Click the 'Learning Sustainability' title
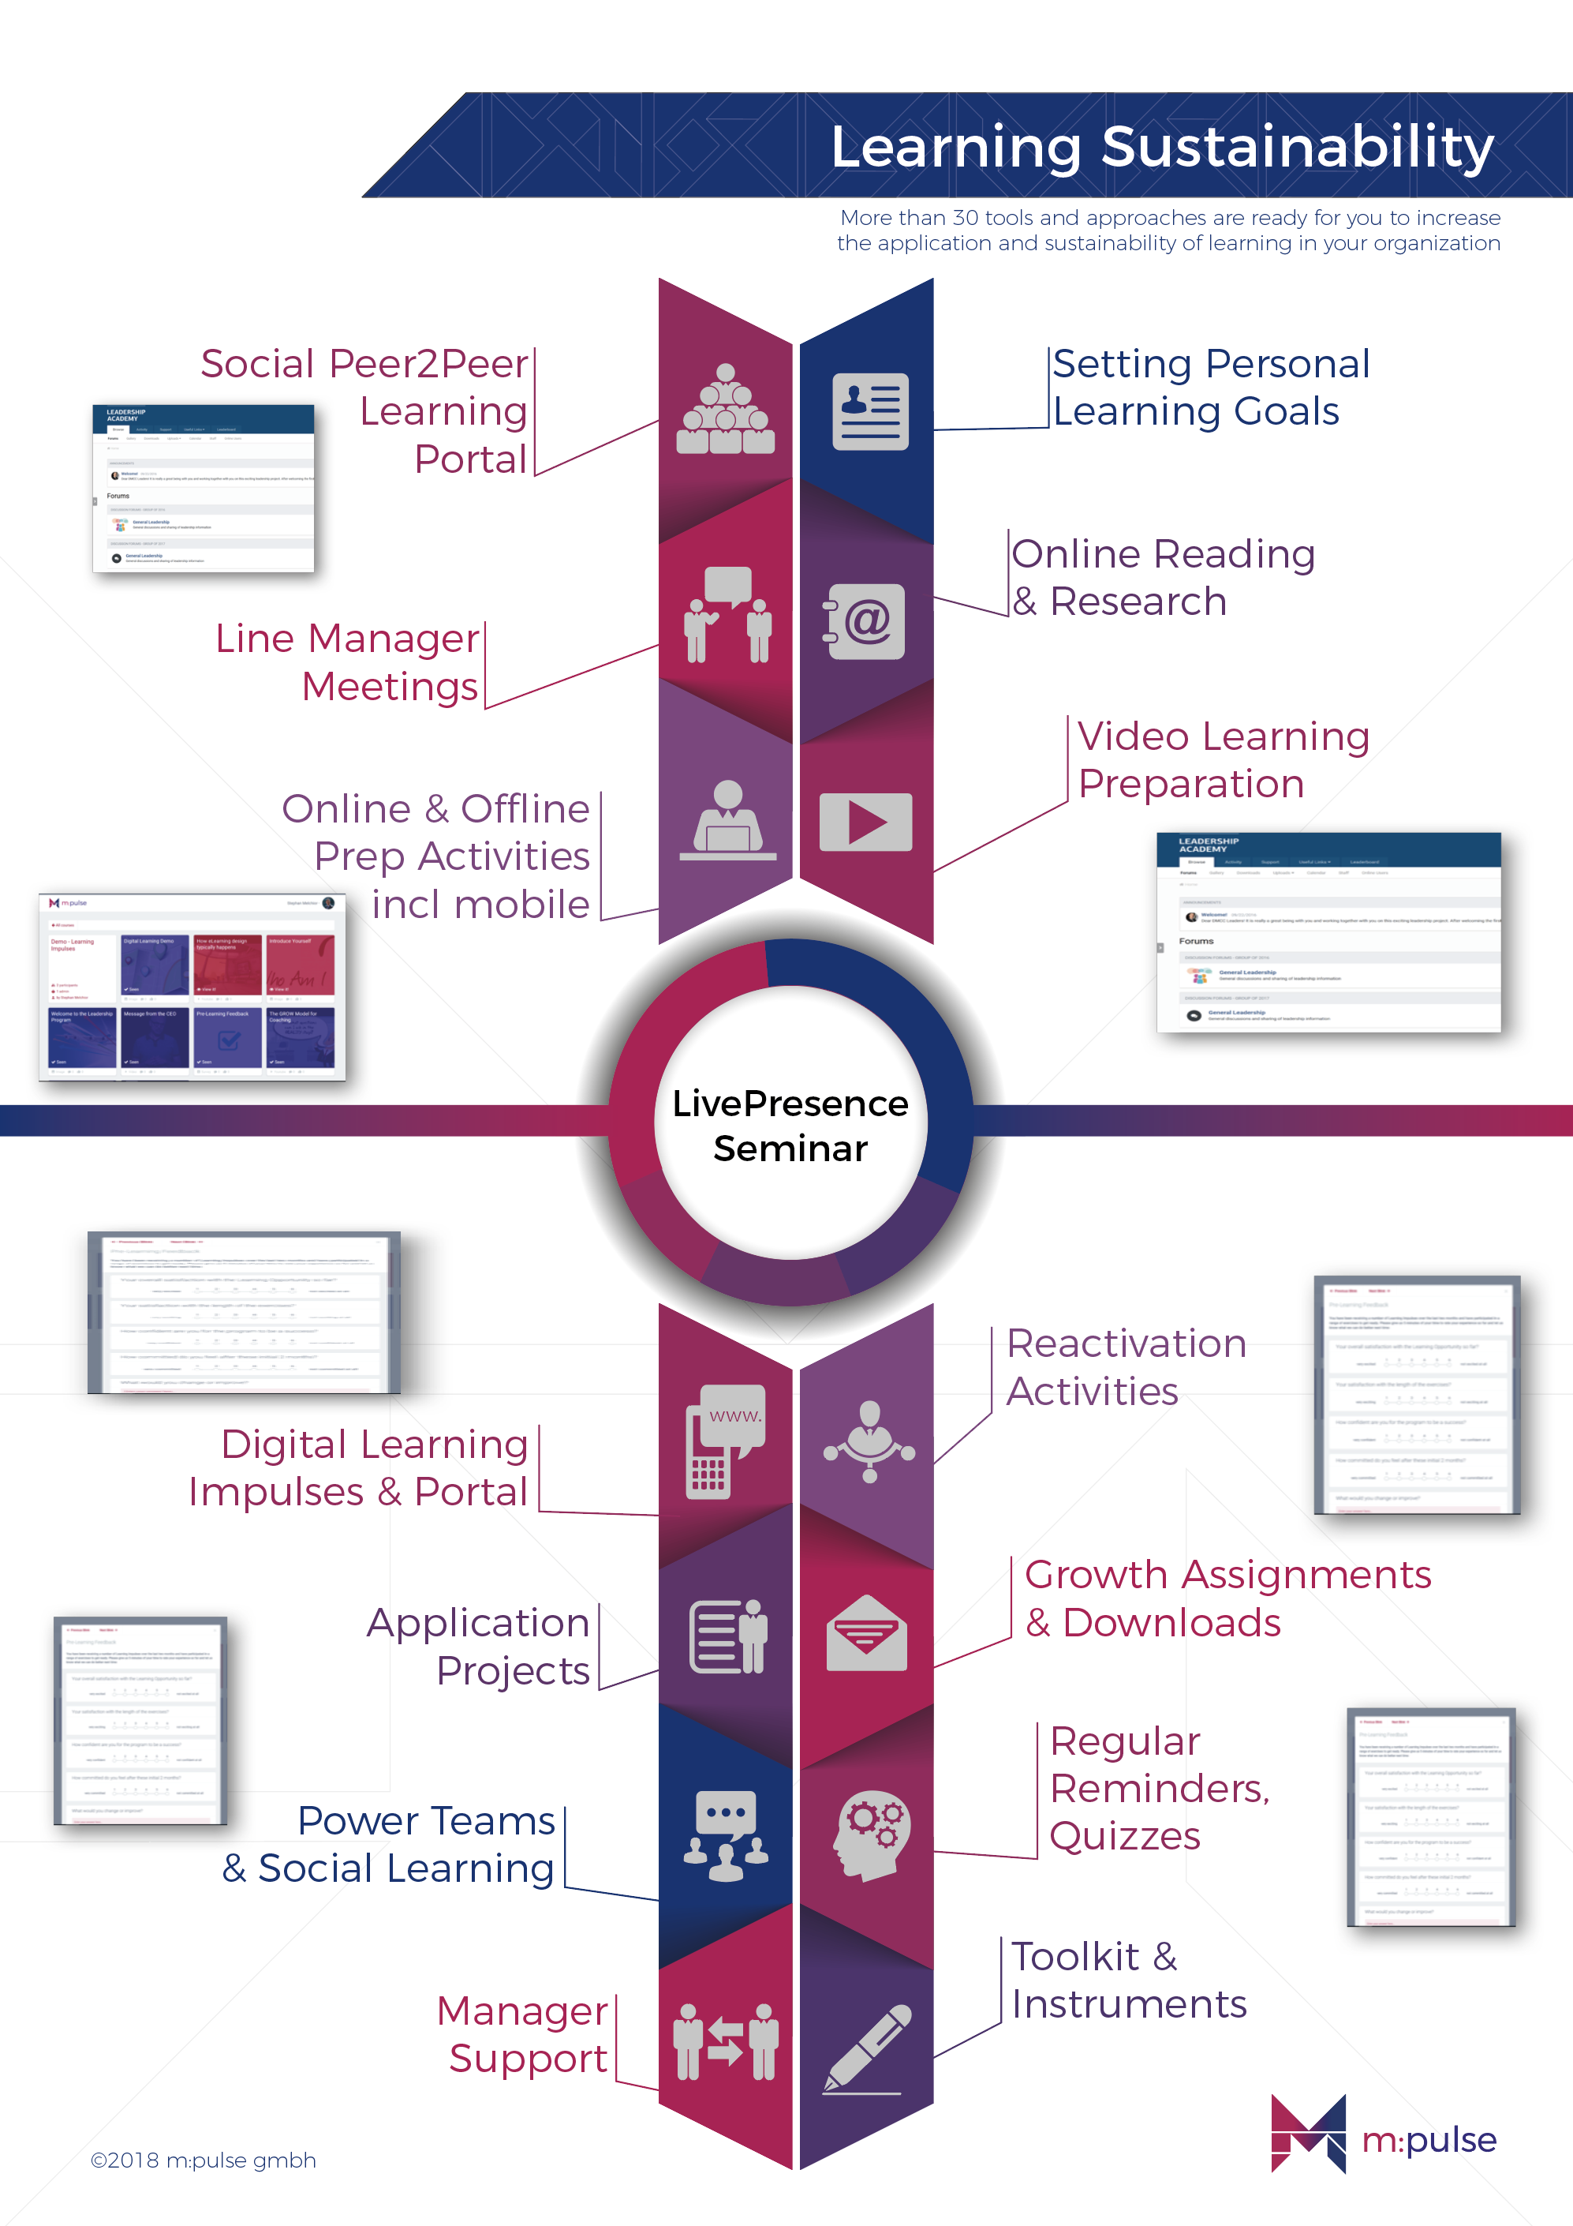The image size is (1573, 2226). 1161,148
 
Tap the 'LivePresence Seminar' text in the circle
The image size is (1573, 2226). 790,1125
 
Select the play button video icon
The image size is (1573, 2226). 865,823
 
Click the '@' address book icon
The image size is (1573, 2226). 865,621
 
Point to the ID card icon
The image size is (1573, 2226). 869,411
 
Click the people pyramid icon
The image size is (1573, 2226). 725,411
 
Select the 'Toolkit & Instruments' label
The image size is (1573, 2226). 1128,1980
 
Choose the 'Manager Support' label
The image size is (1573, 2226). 523,2034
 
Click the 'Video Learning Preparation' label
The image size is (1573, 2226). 1223,759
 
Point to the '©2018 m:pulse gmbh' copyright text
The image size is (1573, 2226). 204,2160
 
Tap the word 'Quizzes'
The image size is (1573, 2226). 1124,1836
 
